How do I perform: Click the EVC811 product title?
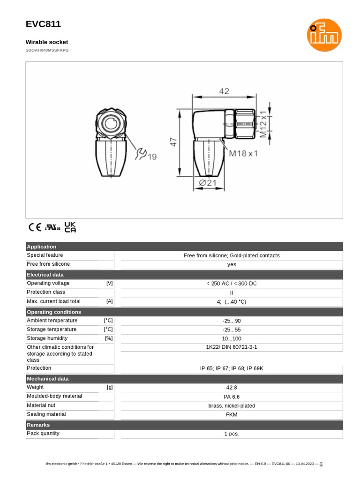click(43, 24)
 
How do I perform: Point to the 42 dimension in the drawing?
click(224, 91)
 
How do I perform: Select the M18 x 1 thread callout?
click(243, 153)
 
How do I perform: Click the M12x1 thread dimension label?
click(264, 123)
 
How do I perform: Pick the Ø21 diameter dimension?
click(209, 183)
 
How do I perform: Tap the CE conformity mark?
click(35, 227)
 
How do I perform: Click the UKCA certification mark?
click(70, 227)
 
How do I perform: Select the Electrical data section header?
click(45, 275)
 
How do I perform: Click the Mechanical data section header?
click(48, 379)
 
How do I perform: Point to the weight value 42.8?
click(232, 388)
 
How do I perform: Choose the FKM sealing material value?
click(232, 414)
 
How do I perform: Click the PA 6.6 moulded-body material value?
click(232, 397)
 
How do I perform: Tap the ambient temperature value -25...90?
click(232, 321)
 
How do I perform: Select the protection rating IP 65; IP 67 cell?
click(232, 368)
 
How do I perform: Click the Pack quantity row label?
click(43, 434)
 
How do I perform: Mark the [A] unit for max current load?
click(109, 301)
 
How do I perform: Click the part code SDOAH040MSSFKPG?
click(47, 50)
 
